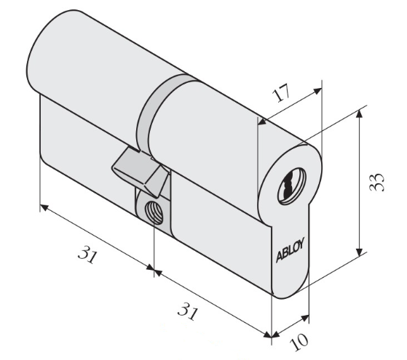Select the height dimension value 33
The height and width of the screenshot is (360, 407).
tap(376, 182)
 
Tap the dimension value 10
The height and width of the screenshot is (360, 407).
tap(299, 342)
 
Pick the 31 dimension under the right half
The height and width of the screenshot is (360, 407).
tap(188, 311)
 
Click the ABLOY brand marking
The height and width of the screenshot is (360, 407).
tap(290, 249)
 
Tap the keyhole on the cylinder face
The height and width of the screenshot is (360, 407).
tap(292, 186)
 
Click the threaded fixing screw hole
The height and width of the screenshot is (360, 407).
tap(154, 212)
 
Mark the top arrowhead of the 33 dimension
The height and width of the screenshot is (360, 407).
tap(359, 113)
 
